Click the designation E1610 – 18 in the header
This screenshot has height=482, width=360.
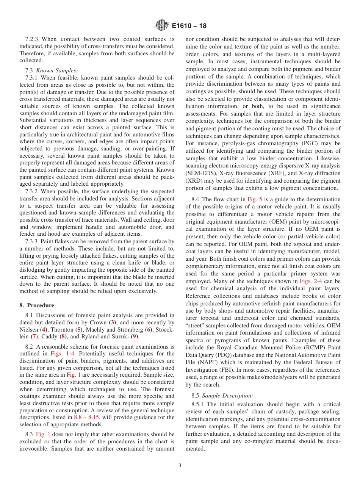coord(189,26)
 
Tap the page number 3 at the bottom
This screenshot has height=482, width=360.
coord(180,466)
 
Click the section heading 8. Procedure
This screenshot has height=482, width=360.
coord(37,305)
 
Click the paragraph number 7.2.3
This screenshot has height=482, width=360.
coord(33,39)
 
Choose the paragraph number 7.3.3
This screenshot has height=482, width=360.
coord(33,241)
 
